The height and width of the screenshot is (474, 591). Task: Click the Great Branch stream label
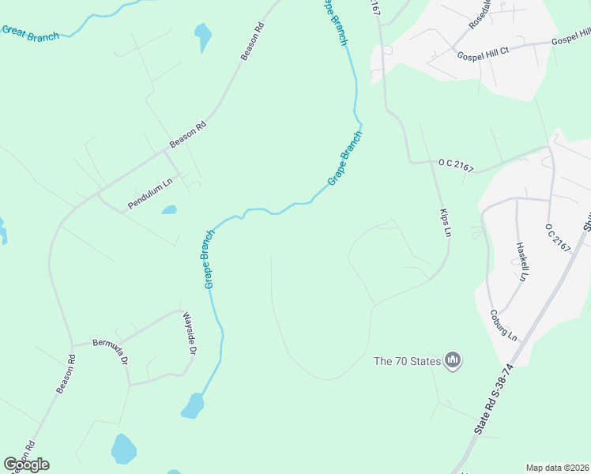(30, 33)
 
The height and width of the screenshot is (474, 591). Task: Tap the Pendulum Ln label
(150, 196)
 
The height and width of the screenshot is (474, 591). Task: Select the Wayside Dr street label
(190, 332)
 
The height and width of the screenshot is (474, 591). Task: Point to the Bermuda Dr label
(111, 350)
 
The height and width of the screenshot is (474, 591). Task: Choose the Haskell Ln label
(521, 261)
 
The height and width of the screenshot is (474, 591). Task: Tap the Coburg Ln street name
(503, 325)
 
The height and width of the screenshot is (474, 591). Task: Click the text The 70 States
(407, 362)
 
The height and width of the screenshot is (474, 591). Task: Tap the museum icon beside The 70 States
(453, 361)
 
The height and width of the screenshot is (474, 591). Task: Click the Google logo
(26, 465)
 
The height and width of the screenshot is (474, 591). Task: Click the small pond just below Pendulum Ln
(168, 210)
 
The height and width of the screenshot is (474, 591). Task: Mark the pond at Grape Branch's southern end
(192, 405)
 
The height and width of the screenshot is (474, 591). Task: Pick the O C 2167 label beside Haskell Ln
(558, 237)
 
